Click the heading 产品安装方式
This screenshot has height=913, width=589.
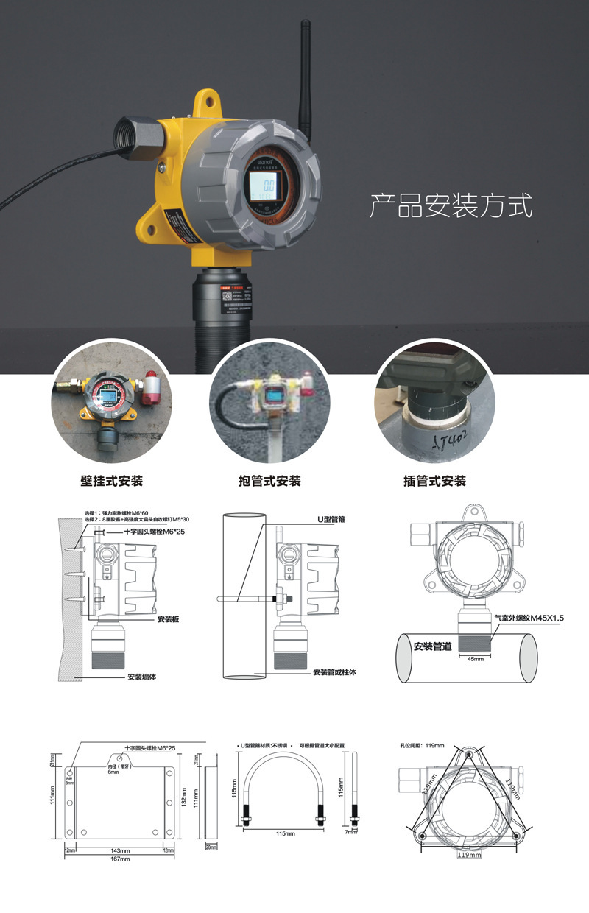pyautogui.click(x=450, y=205)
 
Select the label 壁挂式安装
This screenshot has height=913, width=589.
pyautogui.click(x=110, y=481)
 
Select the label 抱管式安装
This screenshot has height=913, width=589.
pyautogui.click(x=269, y=481)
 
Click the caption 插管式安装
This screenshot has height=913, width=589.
pyautogui.click(x=434, y=481)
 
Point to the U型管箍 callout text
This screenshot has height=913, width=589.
pyautogui.click(x=331, y=519)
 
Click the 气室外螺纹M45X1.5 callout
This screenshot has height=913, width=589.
pyautogui.click(x=529, y=618)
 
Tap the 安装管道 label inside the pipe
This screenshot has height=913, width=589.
pyautogui.click(x=433, y=646)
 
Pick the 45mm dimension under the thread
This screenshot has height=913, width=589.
pyautogui.click(x=476, y=660)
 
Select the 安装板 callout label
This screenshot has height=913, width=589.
pyautogui.click(x=168, y=619)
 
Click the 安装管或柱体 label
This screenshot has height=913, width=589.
pyautogui.click(x=334, y=672)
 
